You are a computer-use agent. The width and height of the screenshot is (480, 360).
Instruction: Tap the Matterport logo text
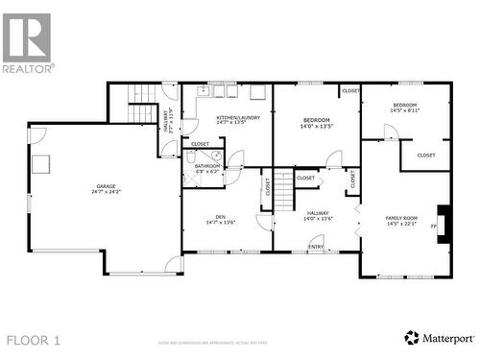(444, 338)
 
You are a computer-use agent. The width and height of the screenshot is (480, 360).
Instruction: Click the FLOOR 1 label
(34, 340)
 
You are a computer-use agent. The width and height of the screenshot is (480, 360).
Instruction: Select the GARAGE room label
(106, 186)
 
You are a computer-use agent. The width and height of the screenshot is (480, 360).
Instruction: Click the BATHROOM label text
(207, 166)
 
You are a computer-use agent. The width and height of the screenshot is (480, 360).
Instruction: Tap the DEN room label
(220, 217)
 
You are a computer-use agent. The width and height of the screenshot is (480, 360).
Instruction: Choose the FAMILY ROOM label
(402, 218)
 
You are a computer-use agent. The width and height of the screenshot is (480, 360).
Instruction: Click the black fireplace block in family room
(443, 220)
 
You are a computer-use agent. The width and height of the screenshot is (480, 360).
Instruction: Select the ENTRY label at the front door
(316, 247)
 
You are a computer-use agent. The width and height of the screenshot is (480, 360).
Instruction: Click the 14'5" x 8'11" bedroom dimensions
(404, 110)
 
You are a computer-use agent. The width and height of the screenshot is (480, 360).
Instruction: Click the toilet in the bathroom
(217, 156)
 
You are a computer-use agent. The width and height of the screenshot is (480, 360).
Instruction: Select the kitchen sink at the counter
(204, 91)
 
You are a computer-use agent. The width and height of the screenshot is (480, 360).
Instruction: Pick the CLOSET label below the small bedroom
(425, 155)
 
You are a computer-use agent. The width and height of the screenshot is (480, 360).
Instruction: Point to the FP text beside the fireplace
(434, 227)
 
